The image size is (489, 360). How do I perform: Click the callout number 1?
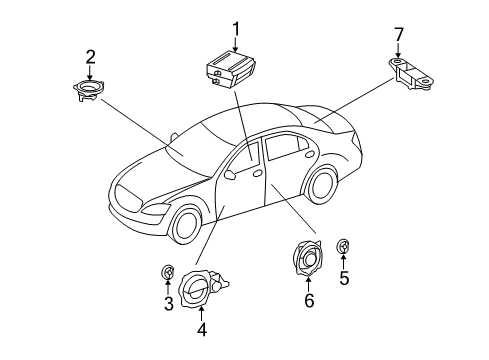pos(236,29)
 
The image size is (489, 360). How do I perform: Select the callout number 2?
pos(90,57)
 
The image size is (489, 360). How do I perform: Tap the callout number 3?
pos(169,303)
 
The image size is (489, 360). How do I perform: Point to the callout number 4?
pos(202,329)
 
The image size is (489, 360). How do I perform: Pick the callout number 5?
pos(344,278)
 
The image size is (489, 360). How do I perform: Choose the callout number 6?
pos(309,300)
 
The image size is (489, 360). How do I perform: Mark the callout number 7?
pos(399,34)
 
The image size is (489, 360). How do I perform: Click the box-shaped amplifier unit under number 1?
pos(231,69)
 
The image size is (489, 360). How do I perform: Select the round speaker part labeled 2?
pos(88,89)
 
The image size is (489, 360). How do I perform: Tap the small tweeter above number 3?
pos(168,273)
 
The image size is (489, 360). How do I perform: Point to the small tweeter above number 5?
pos(343,246)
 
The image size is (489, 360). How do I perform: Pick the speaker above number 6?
pos(308,258)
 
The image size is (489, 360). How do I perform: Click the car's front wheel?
pos(186,226)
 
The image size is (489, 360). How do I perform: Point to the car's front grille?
pos(129,199)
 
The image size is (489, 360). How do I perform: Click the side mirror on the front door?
pos(229,174)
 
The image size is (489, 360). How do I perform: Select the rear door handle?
pos(310,154)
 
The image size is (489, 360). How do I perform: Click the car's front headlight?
pos(156,209)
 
